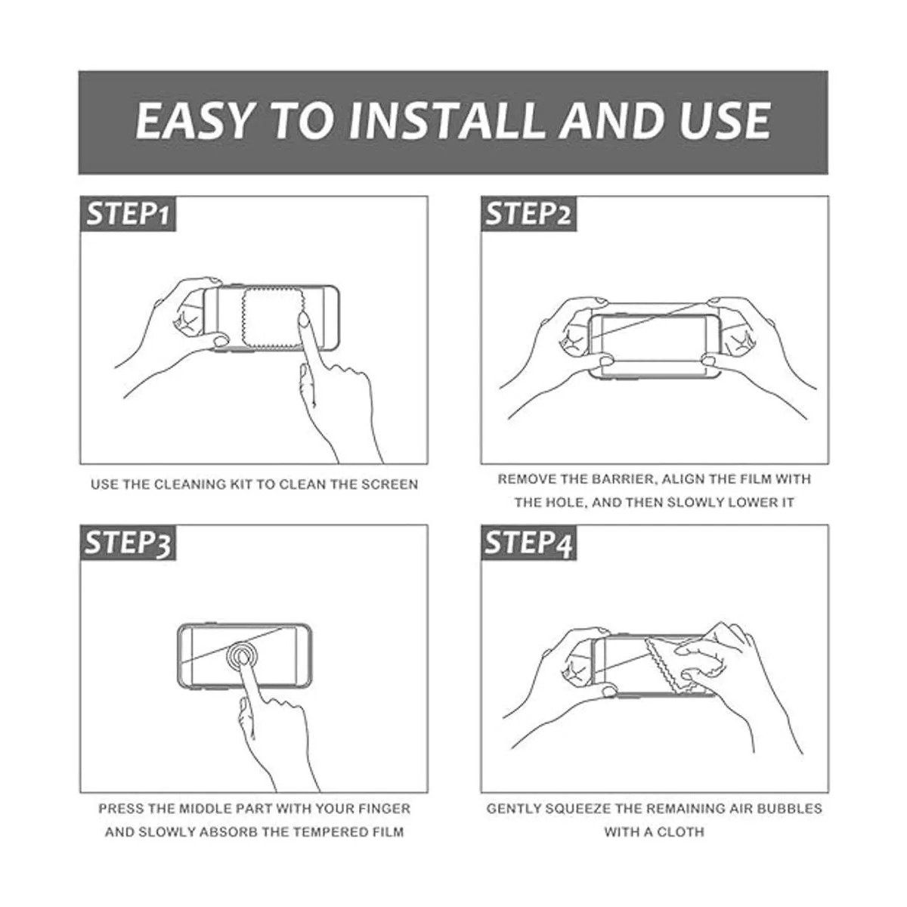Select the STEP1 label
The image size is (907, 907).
click(x=128, y=214)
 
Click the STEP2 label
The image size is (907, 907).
click(x=528, y=214)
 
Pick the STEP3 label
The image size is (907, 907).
click(x=128, y=543)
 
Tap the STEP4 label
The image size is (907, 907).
click(x=528, y=543)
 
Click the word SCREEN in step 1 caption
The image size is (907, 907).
click(x=390, y=484)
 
